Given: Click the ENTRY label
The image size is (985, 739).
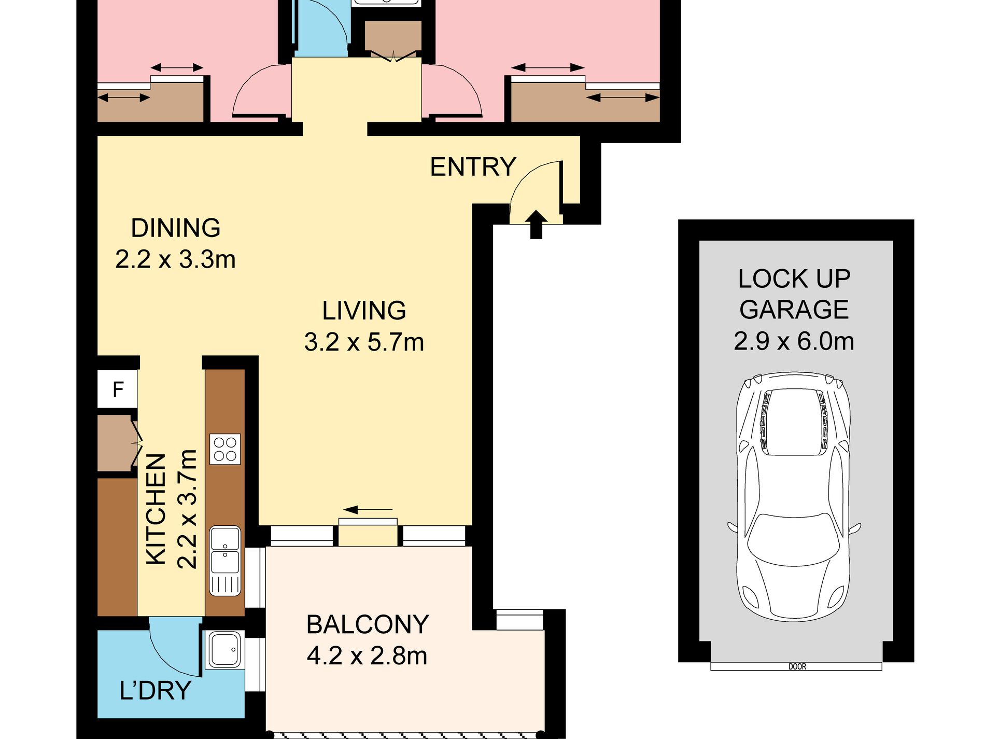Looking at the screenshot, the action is click(x=473, y=167).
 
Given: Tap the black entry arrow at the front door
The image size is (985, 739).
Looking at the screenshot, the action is click(x=536, y=225).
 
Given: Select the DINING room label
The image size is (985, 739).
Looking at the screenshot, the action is click(x=176, y=228).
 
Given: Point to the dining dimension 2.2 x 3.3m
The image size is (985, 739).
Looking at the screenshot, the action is click(x=175, y=259).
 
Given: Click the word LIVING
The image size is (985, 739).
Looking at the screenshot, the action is click(x=364, y=311).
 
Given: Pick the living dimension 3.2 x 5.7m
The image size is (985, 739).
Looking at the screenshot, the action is click(x=364, y=342).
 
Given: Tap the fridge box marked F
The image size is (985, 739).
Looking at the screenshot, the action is click(x=118, y=388).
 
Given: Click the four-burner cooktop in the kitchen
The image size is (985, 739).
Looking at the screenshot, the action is click(x=225, y=449).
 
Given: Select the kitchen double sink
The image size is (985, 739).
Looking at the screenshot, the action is click(x=225, y=561).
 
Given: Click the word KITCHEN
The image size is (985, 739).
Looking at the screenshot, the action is click(x=156, y=509).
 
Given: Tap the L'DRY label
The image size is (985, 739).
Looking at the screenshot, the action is click(x=156, y=691).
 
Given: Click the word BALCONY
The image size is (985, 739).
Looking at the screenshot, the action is click(x=368, y=624).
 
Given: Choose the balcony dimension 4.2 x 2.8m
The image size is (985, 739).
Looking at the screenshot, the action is click(x=367, y=656).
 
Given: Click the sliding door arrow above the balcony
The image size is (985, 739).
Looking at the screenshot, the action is click(x=368, y=510).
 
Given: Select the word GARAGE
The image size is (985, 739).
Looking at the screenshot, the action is click(x=794, y=310).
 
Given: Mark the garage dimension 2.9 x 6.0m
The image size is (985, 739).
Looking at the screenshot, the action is click(x=794, y=341).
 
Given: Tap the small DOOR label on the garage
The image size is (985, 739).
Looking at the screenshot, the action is click(x=797, y=667).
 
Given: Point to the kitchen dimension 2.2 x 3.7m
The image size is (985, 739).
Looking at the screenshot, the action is click(x=187, y=509).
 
